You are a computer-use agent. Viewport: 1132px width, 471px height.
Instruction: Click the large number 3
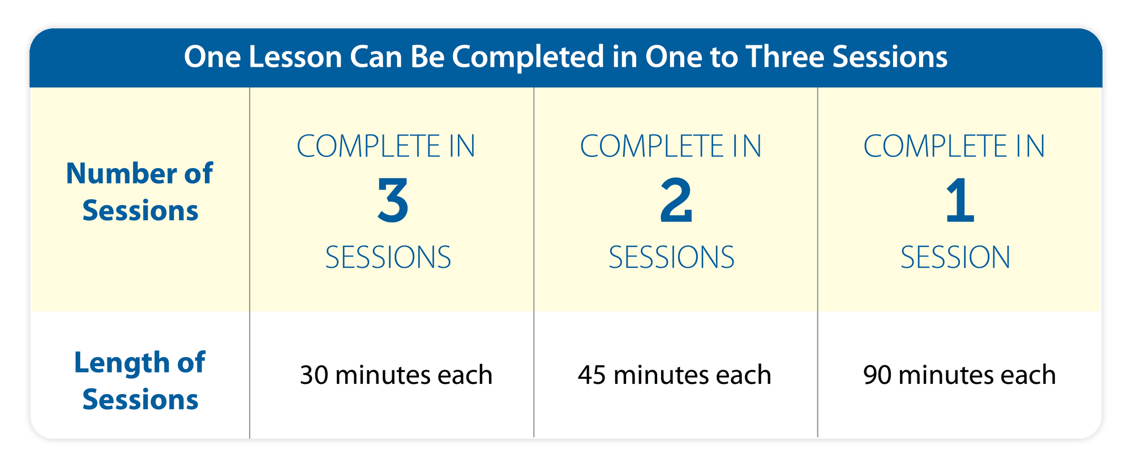[393, 200]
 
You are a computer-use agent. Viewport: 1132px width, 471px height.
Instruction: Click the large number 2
[676, 200]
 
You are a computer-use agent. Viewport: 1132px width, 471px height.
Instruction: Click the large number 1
[960, 200]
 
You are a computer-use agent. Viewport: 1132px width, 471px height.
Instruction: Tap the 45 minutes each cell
[675, 375]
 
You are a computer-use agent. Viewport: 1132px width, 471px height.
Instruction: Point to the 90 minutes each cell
[959, 375]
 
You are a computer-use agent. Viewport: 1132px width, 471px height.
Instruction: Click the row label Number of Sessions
[140, 192]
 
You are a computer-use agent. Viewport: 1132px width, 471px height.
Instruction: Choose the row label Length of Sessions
[140, 381]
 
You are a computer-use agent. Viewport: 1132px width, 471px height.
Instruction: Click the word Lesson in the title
[295, 57]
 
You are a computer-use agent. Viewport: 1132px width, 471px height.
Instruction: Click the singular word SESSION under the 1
[955, 258]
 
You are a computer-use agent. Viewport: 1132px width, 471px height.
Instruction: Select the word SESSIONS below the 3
[388, 258]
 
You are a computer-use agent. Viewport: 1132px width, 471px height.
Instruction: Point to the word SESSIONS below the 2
[672, 258]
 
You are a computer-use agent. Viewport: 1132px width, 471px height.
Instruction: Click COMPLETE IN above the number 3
[386, 147]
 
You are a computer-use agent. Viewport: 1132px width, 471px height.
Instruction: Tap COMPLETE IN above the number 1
[954, 147]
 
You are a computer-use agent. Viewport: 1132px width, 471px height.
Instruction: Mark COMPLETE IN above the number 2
[671, 147]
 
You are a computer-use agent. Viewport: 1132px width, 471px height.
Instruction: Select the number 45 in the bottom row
[593, 375]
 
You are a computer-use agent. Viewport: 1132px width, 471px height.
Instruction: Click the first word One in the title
[213, 57]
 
